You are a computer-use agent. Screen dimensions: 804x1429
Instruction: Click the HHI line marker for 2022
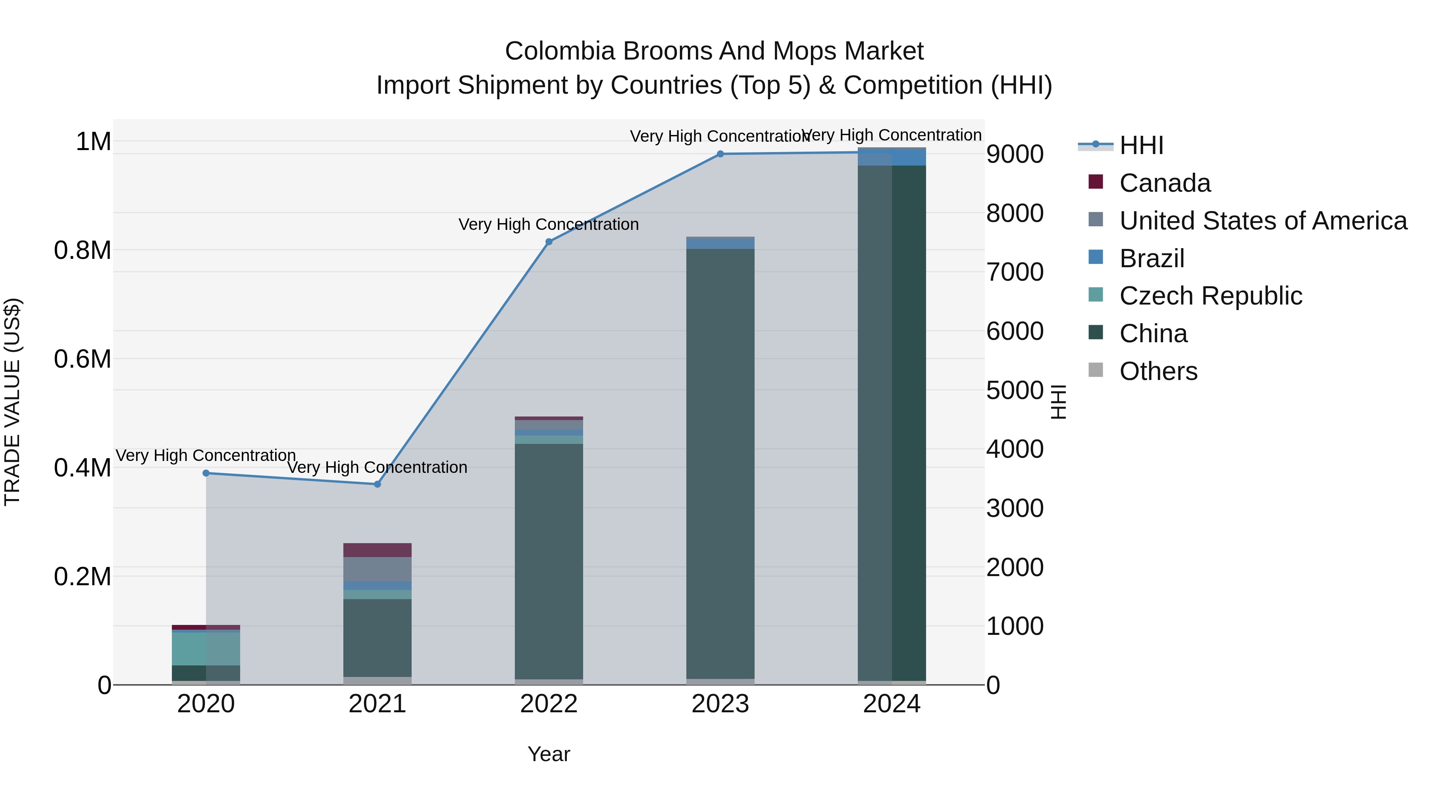pyautogui.click(x=549, y=242)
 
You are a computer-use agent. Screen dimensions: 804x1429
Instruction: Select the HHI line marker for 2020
pyautogui.click(x=206, y=473)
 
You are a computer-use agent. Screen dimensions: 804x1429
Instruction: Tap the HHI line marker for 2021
pyautogui.click(x=377, y=484)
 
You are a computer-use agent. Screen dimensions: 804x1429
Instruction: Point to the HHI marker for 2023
pyautogui.click(x=720, y=154)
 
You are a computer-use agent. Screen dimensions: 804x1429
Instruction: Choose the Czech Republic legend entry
pyautogui.click(x=1210, y=296)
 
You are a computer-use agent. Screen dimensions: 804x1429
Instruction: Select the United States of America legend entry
pyautogui.click(x=1263, y=221)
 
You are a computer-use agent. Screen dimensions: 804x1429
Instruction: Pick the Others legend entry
pyautogui.click(x=1158, y=371)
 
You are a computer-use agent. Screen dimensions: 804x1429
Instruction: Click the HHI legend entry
pyautogui.click(x=1141, y=145)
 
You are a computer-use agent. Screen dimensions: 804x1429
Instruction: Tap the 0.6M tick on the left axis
pyautogui.click(x=83, y=359)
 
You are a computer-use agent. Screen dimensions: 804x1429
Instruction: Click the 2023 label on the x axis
pyautogui.click(x=720, y=704)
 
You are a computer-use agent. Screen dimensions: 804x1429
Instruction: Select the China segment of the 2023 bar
pyautogui.click(x=720, y=463)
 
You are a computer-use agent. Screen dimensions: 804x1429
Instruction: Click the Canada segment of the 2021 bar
pyautogui.click(x=377, y=550)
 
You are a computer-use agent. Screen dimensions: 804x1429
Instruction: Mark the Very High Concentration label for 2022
pyautogui.click(x=548, y=225)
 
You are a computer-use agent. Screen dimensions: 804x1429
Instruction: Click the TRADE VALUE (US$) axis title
pyautogui.click(x=13, y=402)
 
